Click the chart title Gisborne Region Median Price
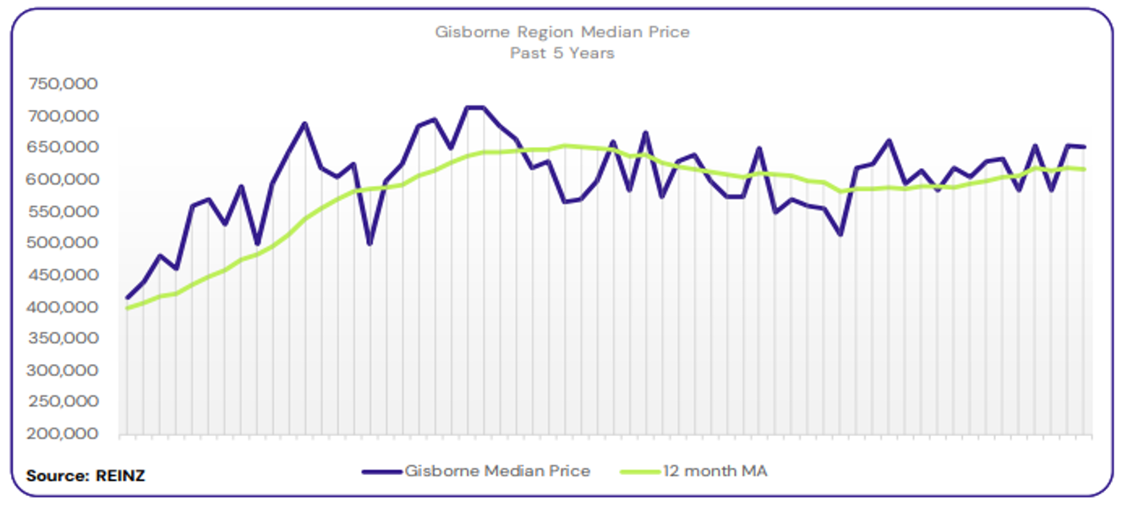point(562,33)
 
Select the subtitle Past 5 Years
point(562,53)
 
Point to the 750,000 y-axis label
point(63,84)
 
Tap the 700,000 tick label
point(63,116)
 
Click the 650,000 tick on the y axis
point(63,147)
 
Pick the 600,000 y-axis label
point(63,179)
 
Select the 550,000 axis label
point(63,211)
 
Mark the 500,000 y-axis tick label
point(63,243)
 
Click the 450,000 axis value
point(63,275)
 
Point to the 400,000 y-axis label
point(63,307)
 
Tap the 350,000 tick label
point(63,338)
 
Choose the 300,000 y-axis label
point(63,370)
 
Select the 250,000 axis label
point(63,402)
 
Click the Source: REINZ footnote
point(85,476)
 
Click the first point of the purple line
point(128,297)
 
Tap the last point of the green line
point(1084,170)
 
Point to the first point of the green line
point(128,308)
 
